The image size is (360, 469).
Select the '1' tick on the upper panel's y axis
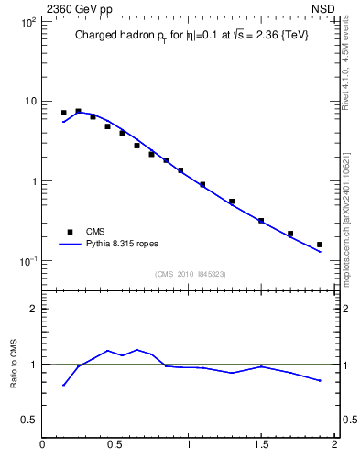[32, 181]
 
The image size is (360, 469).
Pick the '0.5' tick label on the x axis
[115, 445]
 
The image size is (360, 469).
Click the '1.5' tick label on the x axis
[261, 445]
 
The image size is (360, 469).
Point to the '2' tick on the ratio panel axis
[32, 309]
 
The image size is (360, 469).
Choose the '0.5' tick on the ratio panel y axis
[27, 420]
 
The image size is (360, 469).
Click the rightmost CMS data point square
[320, 245]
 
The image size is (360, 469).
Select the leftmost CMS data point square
[63, 113]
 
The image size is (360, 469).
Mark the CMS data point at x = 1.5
[261, 221]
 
